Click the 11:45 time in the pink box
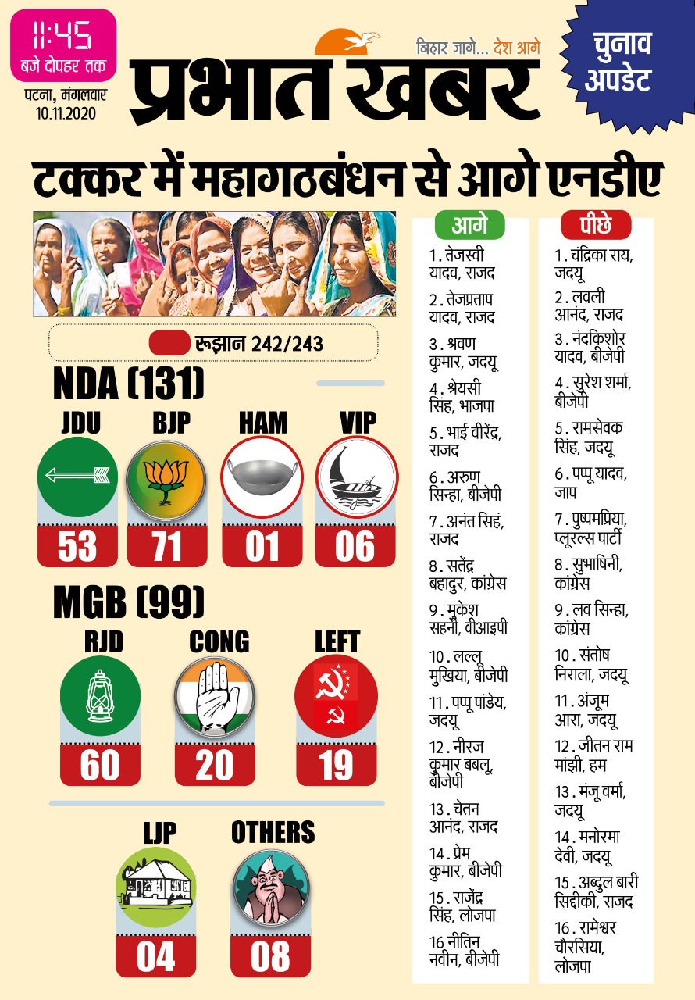62,35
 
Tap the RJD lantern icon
100,695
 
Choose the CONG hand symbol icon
215,695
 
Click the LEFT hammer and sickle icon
336,695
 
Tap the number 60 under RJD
100,766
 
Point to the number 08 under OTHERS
271,957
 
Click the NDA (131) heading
129,384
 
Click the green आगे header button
469,226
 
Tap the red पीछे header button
596,226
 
